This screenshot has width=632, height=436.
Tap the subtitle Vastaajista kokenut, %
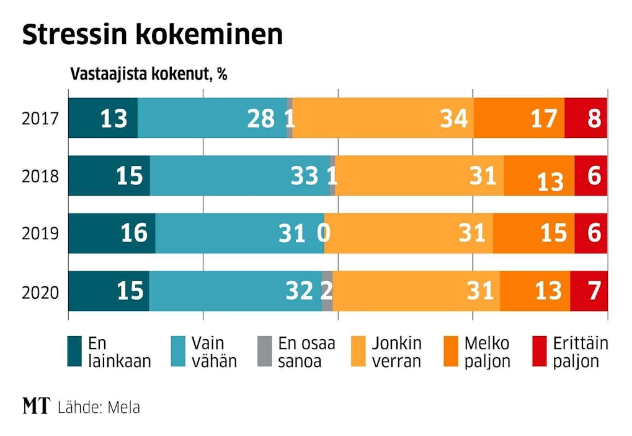(x=148, y=75)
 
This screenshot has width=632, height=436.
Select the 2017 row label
(x=40, y=119)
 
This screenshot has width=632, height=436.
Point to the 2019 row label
(x=40, y=234)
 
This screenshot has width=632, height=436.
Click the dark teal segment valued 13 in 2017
(x=103, y=118)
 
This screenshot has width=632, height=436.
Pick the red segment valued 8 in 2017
(x=585, y=118)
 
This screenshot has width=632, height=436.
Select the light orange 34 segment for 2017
(x=383, y=118)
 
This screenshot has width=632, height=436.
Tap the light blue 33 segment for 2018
(x=239, y=176)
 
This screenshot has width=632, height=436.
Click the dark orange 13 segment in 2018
(x=539, y=176)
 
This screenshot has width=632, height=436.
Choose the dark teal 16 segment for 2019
(x=112, y=234)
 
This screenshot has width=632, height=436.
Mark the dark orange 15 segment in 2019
(x=533, y=234)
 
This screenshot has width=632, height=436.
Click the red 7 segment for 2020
(x=589, y=291)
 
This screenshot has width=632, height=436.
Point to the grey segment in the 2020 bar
(x=327, y=291)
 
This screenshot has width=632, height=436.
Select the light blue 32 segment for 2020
(x=235, y=291)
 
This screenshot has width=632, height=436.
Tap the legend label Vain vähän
(x=213, y=352)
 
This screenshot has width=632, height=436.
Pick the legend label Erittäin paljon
(x=580, y=352)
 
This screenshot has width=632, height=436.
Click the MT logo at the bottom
(x=35, y=407)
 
